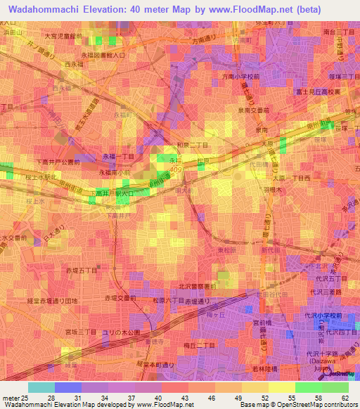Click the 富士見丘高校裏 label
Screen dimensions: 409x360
coord(319,91)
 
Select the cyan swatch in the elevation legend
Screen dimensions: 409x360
coord(41,387)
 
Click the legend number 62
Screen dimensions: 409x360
coord(345,398)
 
